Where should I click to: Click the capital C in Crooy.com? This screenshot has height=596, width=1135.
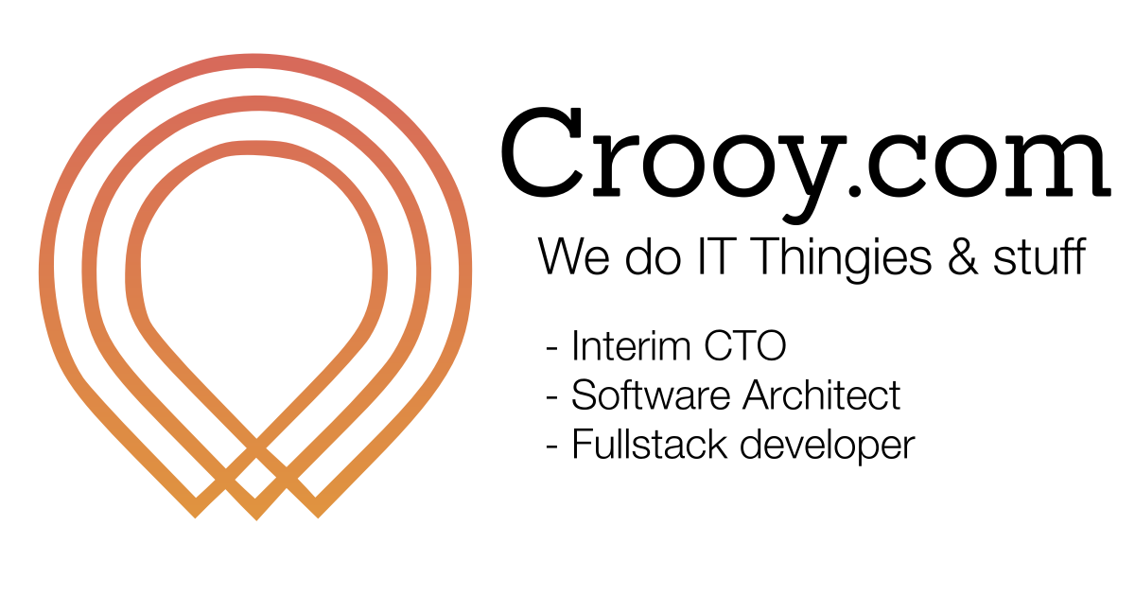(547, 151)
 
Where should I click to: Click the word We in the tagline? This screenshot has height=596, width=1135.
(573, 257)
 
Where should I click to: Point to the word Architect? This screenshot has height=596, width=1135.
(821, 395)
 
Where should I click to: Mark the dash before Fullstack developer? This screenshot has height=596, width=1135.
(551, 447)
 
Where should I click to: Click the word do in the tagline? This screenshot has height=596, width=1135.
(646, 257)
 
